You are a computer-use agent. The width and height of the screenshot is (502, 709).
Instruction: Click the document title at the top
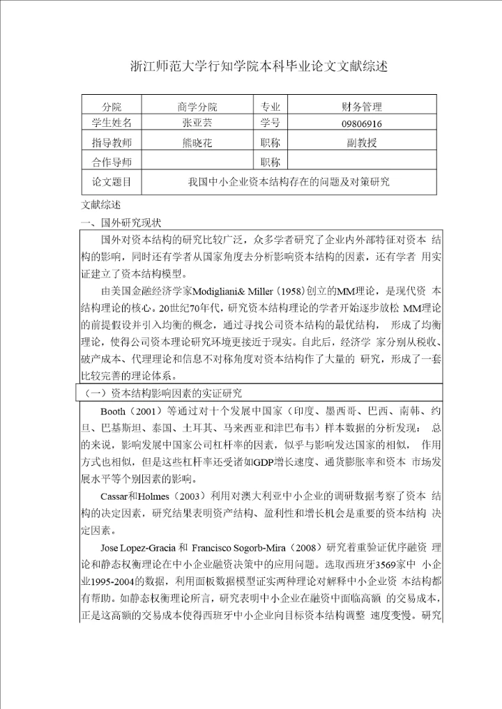pos(259,67)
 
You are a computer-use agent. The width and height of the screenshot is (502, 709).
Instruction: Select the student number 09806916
pos(362,124)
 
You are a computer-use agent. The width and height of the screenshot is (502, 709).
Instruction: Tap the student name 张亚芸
pos(197,123)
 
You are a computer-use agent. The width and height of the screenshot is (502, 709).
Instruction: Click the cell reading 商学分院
pos(197,107)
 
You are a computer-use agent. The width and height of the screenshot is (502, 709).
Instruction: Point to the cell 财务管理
pos(362,107)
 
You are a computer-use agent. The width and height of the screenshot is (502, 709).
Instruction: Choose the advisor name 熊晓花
pos(197,143)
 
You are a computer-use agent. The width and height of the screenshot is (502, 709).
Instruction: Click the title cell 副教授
pos(362,143)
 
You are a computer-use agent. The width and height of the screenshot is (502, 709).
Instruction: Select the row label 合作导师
pos(112,162)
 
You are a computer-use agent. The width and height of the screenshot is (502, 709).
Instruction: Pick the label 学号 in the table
pos(271,123)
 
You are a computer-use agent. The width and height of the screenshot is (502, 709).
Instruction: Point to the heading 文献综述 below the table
pos(101,206)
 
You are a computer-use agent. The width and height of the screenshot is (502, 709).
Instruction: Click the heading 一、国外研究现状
pos(122,223)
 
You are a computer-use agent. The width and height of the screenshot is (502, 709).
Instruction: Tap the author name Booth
pos(114,411)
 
